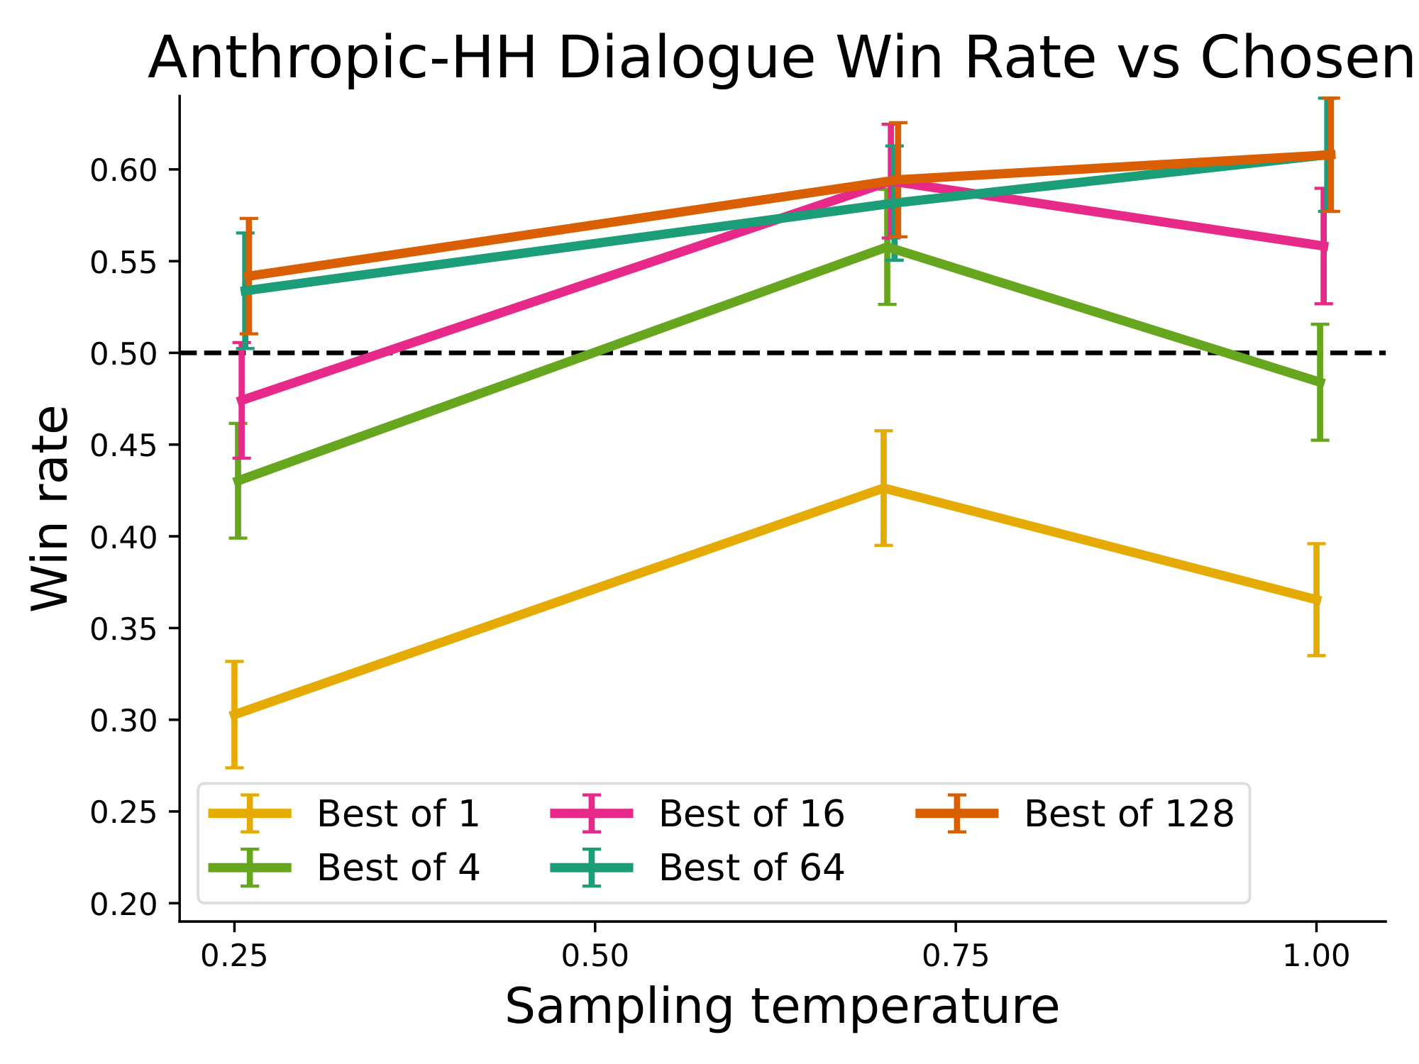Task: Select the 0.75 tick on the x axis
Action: [x=956, y=926]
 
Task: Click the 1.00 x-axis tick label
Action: [x=1316, y=956]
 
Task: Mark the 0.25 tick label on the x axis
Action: [x=234, y=956]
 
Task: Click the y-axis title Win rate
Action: [x=51, y=508]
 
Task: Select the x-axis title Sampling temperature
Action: [x=782, y=1006]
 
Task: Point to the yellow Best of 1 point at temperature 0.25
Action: [x=235, y=714]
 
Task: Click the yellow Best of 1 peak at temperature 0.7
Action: [x=883, y=488]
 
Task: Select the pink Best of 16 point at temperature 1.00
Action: [x=1323, y=246]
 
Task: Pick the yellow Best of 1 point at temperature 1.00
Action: [x=1317, y=600]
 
